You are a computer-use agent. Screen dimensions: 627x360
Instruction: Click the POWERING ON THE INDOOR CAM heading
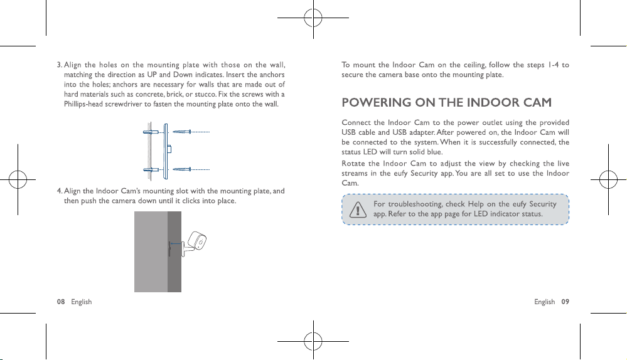click(x=447, y=103)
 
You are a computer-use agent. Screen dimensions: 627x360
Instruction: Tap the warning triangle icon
click(x=358, y=209)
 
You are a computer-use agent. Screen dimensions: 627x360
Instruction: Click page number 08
click(x=61, y=302)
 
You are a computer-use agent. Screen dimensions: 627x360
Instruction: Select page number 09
click(x=565, y=302)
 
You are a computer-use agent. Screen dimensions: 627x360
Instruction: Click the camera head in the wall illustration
click(x=197, y=241)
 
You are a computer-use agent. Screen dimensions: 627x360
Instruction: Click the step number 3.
click(x=59, y=65)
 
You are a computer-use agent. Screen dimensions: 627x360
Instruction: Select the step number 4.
click(x=59, y=191)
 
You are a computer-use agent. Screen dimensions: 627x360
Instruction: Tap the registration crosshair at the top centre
click(x=313, y=18)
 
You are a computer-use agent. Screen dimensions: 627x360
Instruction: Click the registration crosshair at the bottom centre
click(x=313, y=341)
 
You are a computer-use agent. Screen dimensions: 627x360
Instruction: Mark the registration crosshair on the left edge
click(x=18, y=179)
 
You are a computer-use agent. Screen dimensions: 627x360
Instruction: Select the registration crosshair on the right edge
click(x=608, y=179)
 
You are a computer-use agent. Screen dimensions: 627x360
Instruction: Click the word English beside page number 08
click(x=81, y=302)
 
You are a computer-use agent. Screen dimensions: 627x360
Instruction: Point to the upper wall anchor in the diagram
click(x=151, y=132)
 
